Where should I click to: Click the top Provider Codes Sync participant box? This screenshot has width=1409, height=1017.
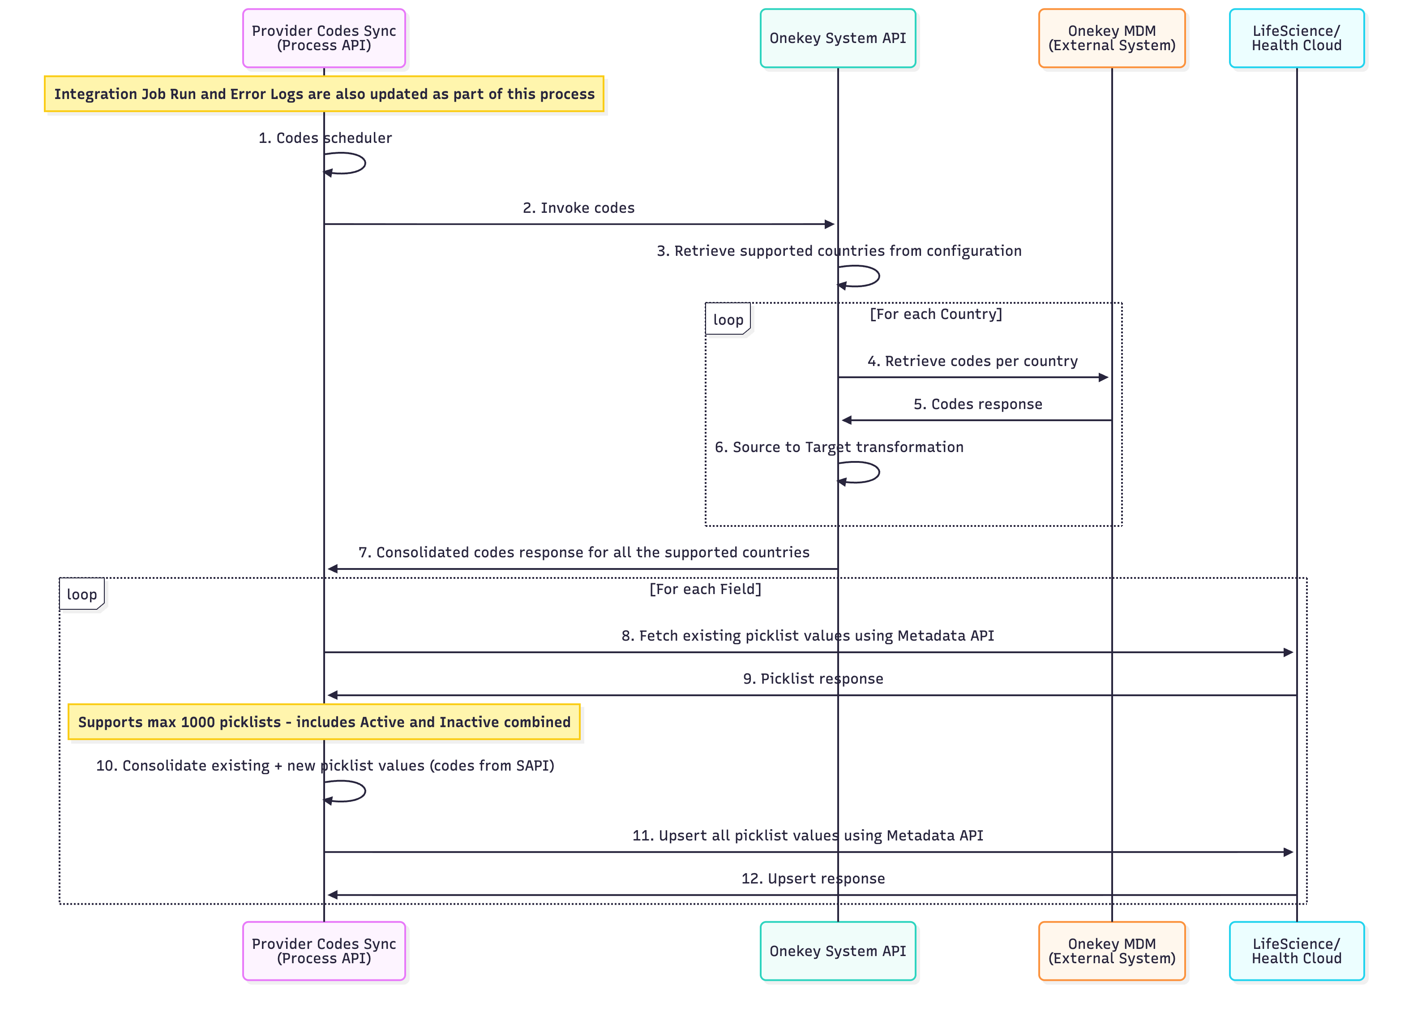point(324,38)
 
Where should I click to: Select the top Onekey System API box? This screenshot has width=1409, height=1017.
point(837,38)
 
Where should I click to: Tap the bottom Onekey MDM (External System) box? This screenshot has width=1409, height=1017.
point(1111,951)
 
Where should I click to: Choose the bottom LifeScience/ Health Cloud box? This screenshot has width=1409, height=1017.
point(1296,951)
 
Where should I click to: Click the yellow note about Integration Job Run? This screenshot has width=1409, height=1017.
point(324,94)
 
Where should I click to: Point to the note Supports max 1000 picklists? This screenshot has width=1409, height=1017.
point(324,722)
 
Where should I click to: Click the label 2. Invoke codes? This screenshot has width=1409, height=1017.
point(578,207)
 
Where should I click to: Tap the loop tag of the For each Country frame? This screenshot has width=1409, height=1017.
point(728,319)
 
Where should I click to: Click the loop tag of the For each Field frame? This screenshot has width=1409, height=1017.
point(81,594)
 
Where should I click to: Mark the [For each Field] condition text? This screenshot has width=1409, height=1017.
point(705,589)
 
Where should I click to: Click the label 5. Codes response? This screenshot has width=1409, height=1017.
point(977,404)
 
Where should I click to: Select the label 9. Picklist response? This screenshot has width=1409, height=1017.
point(813,678)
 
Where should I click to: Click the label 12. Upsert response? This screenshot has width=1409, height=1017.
point(813,879)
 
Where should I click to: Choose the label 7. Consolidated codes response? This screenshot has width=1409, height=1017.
point(583,552)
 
